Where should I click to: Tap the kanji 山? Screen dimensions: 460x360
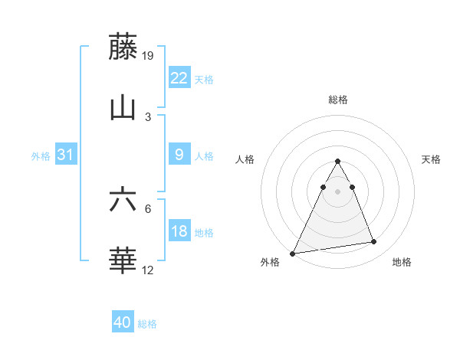pos(123,107)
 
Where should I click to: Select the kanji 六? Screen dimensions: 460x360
pos(123,200)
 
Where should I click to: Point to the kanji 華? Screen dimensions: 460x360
pos(123,261)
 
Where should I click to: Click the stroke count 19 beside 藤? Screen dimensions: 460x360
pos(149,55)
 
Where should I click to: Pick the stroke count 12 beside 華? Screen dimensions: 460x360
pos(149,270)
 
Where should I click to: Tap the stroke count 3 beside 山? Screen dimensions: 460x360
pos(148,116)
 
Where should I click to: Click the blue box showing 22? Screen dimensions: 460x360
pos(179,78)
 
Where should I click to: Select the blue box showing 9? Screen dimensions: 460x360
pos(179,155)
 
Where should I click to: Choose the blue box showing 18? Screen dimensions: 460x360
pos(179,231)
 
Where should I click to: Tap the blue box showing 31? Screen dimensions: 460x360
pos(65,155)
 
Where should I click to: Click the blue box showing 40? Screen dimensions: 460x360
pos(123,322)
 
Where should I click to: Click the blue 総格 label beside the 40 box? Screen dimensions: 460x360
pos(147,324)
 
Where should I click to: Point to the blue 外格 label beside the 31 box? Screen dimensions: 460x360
pos(41,156)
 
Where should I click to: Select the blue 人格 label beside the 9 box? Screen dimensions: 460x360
pos(204,156)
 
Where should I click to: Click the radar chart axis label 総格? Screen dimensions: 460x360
pos(337,100)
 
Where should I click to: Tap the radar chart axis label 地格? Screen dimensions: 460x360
pos(402,262)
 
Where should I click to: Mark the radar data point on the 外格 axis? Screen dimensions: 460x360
pos(293,254)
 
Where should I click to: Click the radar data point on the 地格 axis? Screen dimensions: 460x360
pos(374,242)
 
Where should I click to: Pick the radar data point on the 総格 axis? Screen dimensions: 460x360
pos(337,162)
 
